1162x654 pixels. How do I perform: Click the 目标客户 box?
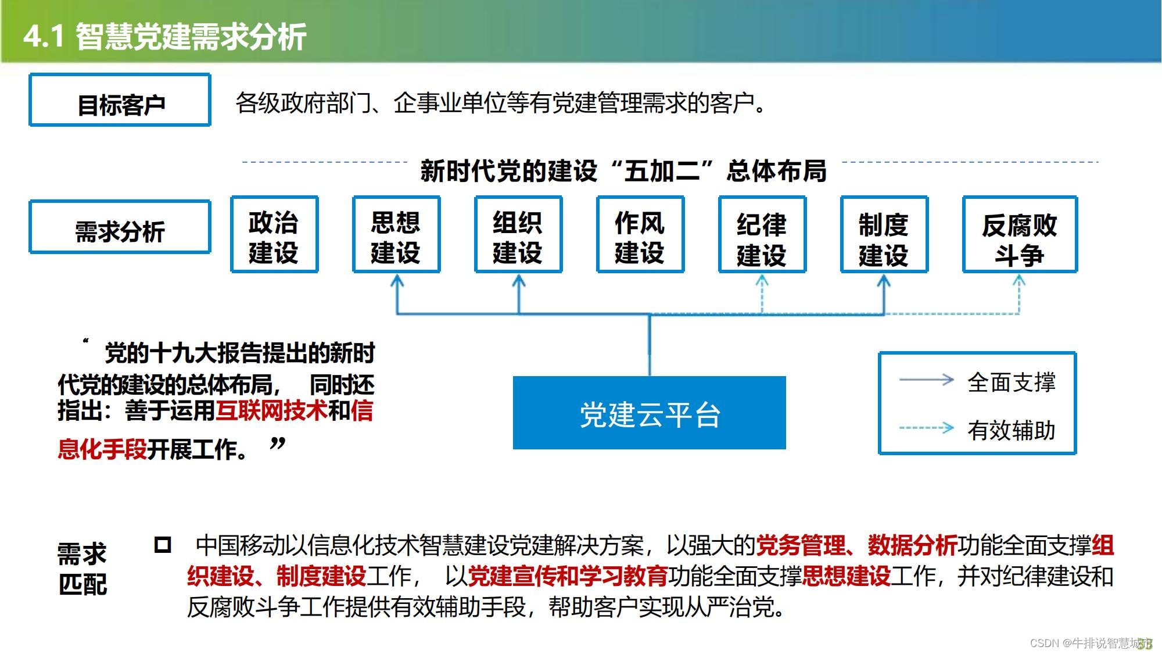(x=120, y=100)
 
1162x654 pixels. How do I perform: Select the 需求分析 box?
(x=120, y=227)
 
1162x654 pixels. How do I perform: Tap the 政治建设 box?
(x=274, y=235)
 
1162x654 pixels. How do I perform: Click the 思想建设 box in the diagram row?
(x=396, y=235)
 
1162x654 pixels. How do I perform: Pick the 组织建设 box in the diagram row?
(x=518, y=235)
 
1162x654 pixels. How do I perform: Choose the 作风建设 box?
(x=640, y=235)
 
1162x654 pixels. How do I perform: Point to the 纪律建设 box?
(x=762, y=235)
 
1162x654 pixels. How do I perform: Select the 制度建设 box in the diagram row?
(x=884, y=235)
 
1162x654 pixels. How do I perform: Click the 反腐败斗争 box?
(x=1020, y=235)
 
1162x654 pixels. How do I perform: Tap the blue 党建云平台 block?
(x=649, y=413)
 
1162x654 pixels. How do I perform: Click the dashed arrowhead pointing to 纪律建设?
(x=762, y=281)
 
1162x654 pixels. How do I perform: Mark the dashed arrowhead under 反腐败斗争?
(x=1019, y=281)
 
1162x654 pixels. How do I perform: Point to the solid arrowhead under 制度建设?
(x=884, y=281)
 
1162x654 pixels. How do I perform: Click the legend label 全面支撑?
(x=1011, y=382)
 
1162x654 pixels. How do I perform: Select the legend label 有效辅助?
(x=1011, y=430)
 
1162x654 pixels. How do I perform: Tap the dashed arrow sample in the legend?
(x=927, y=428)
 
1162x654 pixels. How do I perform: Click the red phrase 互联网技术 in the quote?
(x=271, y=411)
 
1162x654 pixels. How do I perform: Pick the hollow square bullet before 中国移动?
(x=163, y=545)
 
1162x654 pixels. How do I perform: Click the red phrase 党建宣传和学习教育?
(x=568, y=576)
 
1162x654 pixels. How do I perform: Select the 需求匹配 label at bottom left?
(x=83, y=569)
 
